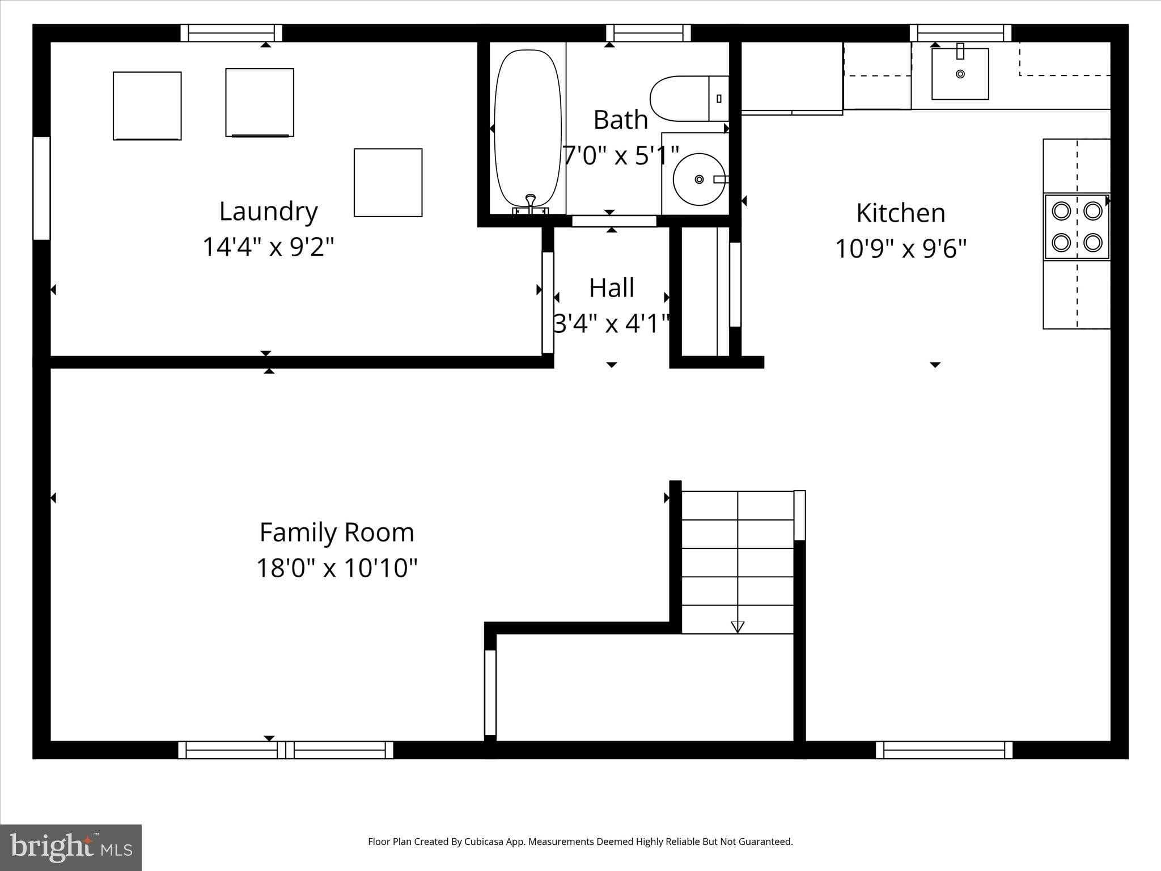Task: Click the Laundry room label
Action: tap(268, 212)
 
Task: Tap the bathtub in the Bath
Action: tap(528, 128)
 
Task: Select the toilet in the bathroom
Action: tap(689, 99)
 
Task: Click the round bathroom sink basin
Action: tap(699, 179)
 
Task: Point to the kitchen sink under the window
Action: tap(960, 74)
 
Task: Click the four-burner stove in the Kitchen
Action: tap(1077, 227)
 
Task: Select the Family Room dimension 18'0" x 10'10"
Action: tap(337, 568)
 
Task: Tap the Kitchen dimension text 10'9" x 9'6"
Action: tap(900, 248)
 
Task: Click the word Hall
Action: tap(611, 288)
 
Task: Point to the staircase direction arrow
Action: tap(737, 626)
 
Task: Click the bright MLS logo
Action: tap(71, 848)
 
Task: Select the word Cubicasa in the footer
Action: tap(484, 842)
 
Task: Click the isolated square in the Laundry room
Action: tap(388, 183)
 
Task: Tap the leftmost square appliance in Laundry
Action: tap(147, 105)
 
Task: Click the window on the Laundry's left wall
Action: tap(41, 188)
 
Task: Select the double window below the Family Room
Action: tap(286, 750)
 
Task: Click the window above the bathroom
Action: tap(648, 33)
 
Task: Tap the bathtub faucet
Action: tap(531, 201)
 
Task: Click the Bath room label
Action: tap(620, 120)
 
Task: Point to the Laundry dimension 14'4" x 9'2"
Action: tap(268, 247)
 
